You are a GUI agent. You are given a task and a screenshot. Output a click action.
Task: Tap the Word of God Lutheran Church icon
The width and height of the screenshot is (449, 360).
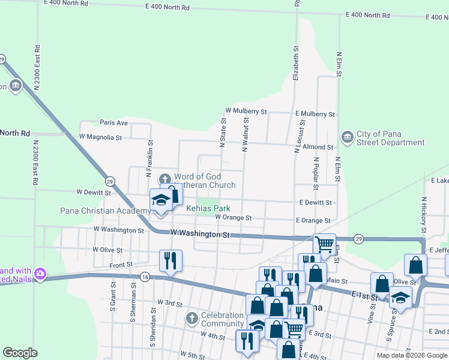[x=165, y=179]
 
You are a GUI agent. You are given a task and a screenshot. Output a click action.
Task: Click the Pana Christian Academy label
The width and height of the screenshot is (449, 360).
[x=106, y=211]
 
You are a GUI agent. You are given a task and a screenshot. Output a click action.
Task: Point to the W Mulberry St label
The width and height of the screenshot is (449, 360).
[x=246, y=112]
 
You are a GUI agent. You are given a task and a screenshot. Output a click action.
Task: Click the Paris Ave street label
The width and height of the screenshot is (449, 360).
[x=114, y=122]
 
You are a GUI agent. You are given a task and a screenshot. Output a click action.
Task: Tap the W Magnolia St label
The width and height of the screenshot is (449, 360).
[x=100, y=137]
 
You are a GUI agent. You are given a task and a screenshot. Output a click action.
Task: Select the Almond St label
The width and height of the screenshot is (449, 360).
[x=318, y=147]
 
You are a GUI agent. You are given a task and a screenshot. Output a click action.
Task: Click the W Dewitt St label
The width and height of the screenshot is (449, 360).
[x=93, y=193]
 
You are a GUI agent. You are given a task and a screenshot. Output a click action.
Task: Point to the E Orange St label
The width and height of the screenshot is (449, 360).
[x=313, y=220]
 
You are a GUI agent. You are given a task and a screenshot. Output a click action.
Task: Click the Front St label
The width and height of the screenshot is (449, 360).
[x=120, y=265]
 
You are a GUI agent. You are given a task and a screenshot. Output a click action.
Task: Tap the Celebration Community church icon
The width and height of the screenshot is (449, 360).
[x=191, y=317]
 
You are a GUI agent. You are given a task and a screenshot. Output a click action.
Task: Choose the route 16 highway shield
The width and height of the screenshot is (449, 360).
[x=145, y=277]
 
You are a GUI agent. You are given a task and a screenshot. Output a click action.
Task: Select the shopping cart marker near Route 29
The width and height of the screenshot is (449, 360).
[x=324, y=244]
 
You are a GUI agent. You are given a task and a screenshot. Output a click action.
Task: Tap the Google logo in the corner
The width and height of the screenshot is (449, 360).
[x=20, y=353]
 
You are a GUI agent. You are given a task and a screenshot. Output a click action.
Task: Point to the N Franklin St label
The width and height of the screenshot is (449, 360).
[x=150, y=159]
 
